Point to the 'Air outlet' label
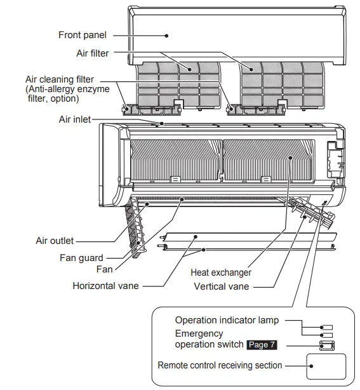(55, 241)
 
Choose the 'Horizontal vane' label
(105, 286)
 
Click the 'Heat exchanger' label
(220, 272)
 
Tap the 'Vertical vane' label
(221, 286)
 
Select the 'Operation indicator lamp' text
(226, 320)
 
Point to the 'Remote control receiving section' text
(220, 366)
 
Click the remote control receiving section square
(326, 366)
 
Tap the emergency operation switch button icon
(326, 345)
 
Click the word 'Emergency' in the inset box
(199, 333)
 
